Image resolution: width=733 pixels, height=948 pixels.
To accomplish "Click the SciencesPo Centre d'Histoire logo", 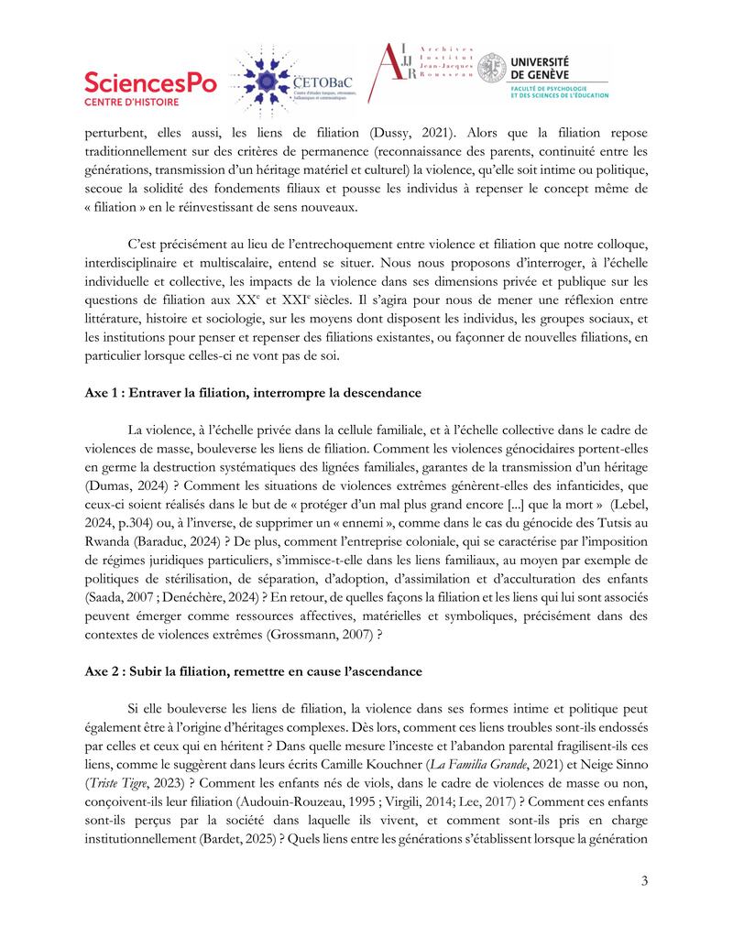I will pyautogui.click(x=150, y=89).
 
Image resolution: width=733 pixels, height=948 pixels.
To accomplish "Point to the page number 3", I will pyautogui.click(x=644, y=881).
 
